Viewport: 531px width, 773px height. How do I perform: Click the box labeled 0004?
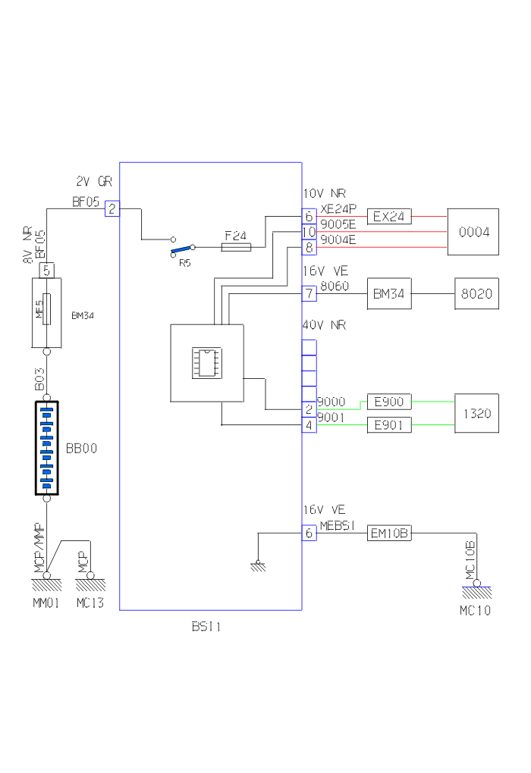(473, 231)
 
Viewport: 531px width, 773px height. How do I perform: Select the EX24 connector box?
(389, 217)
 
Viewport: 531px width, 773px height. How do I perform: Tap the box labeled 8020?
(477, 293)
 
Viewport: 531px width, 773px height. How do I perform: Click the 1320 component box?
(476, 413)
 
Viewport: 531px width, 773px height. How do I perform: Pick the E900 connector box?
(389, 402)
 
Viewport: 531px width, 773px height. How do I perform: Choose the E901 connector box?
(389, 425)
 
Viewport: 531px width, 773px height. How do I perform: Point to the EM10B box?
(389, 534)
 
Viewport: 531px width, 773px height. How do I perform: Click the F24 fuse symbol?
(236, 247)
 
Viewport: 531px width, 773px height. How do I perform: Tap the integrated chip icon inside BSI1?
(206, 362)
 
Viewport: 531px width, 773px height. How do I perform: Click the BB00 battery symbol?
(47, 449)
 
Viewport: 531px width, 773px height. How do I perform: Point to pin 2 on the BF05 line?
(112, 208)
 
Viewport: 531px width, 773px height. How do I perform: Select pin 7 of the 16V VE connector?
(309, 293)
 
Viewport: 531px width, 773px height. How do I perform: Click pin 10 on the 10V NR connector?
(309, 231)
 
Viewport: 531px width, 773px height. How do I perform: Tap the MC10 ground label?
(475, 611)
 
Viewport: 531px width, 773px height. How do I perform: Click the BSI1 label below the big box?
(206, 627)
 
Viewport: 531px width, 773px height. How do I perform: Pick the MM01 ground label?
(46, 603)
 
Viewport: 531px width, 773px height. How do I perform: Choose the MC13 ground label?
(90, 603)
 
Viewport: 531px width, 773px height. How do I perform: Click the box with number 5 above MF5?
(47, 269)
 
